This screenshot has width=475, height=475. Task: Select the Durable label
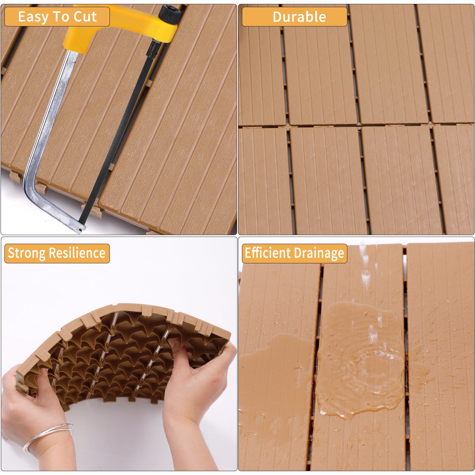point(299,17)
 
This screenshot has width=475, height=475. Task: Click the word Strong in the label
point(26,253)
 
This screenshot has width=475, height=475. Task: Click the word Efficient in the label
point(267,253)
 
